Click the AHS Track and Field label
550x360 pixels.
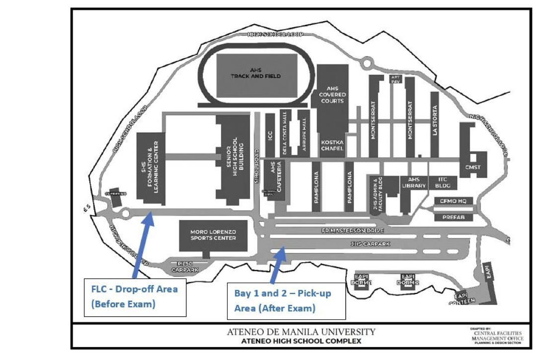pyautogui.click(x=255, y=73)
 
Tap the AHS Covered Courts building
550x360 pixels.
pyautogui.click(x=332, y=94)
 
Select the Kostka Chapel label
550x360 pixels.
pyautogui.click(x=332, y=145)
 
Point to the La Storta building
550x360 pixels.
pyautogui.click(x=434, y=121)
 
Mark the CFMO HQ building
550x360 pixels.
pyautogui.click(x=453, y=201)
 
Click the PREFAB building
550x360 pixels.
pyautogui.click(x=453, y=217)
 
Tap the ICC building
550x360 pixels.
pyautogui.click(x=270, y=135)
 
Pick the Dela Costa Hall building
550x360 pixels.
pyautogui.click(x=285, y=133)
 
